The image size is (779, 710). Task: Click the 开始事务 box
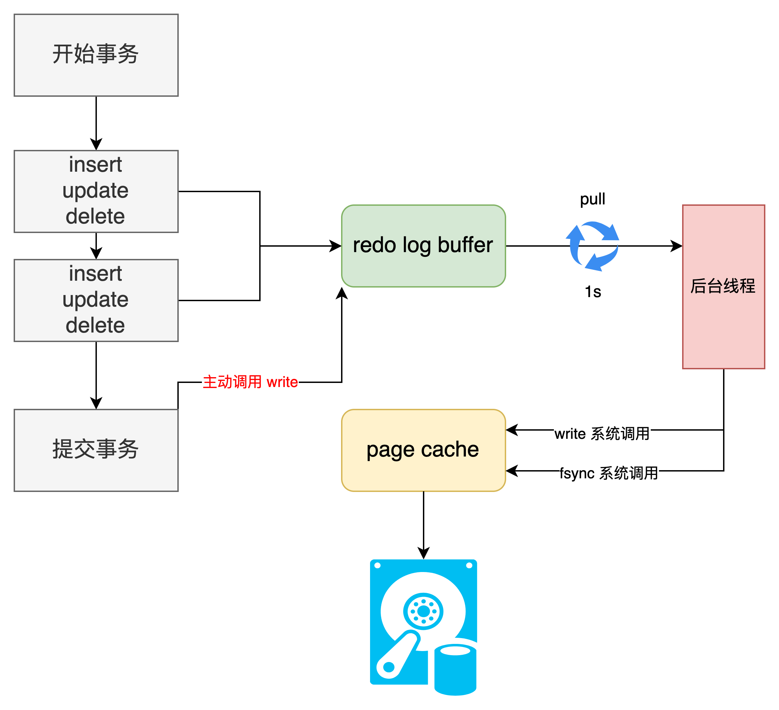click(x=96, y=55)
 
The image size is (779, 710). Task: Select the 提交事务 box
click(x=96, y=450)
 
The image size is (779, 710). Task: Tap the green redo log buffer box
click(x=423, y=246)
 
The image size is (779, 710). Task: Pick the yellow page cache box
click(x=423, y=450)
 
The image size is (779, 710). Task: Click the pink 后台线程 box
click(x=723, y=287)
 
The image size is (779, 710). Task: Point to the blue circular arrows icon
click(x=592, y=246)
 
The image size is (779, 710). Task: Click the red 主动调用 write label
click(x=250, y=382)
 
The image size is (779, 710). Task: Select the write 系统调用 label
click(x=602, y=434)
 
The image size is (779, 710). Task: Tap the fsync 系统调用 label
click(x=608, y=473)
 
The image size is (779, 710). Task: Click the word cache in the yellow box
click(x=450, y=449)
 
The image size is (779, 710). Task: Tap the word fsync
click(x=576, y=474)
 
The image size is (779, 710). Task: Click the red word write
click(x=282, y=382)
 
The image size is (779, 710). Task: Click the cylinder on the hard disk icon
click(x=455, y=670)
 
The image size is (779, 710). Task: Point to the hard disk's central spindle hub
click(x=424, y=612)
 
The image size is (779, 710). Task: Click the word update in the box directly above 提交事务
click(x=95, y=300)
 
